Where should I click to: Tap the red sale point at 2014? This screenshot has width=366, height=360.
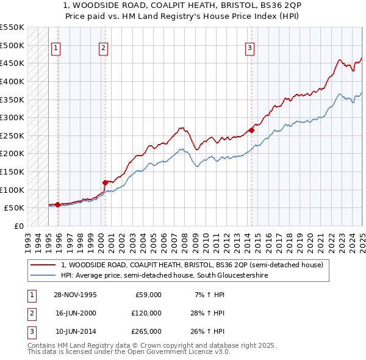click(x=251, y=130)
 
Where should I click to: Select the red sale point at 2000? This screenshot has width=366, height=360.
click(x=105, y=182)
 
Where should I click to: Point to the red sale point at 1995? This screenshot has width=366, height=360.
click(x=57, y=204)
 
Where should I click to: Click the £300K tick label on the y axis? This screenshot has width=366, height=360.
click(x=12, y=117)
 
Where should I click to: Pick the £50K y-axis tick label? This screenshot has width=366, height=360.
click(x=15, y=208)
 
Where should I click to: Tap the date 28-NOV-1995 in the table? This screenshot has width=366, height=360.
click(x=75, y=295)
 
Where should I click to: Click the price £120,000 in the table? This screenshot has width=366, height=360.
click(x=146, y=313)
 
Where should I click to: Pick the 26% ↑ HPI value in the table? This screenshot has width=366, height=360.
click(x=209, y=331)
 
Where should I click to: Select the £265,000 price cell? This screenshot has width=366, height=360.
click(x=146, y=331)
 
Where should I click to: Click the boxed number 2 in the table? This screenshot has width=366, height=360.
click(x=30, y=313)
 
